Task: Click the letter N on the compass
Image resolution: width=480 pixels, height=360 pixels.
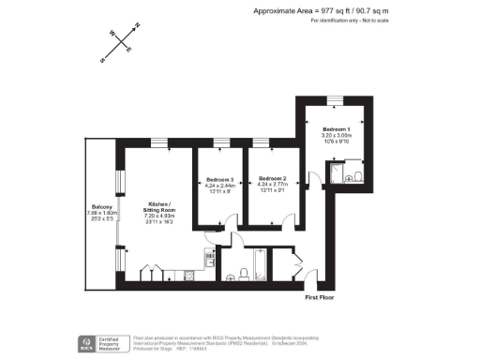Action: click(137, 25)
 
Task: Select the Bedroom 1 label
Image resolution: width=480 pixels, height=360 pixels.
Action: click(337, 128)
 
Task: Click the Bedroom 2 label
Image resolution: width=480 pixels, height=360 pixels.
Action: click(272, 178)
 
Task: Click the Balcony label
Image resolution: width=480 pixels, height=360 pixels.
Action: click(102, 206)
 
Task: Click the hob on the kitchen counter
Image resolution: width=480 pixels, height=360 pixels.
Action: click(187, 273)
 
